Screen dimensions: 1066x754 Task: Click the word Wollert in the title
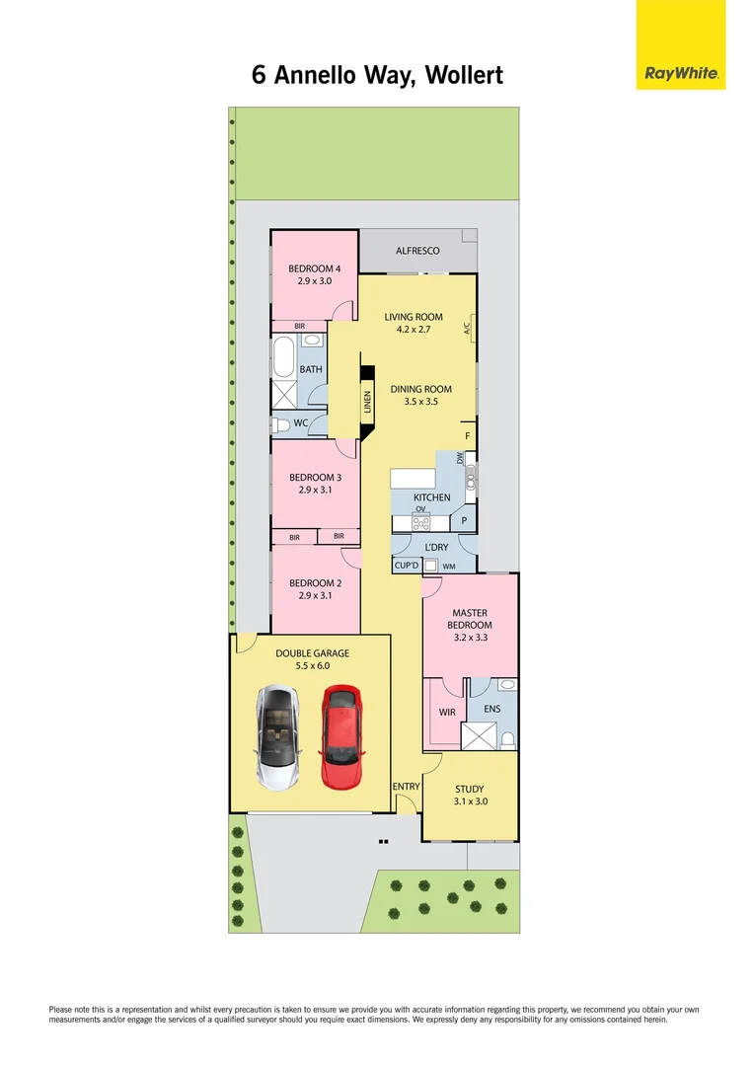tap(465, 75)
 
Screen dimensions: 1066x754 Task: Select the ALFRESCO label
tap(417, 252)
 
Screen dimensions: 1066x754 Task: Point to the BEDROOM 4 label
tap(315, 268)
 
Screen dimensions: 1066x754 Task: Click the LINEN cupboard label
tap(366, 402)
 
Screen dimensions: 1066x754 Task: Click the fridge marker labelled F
tap(468, 435)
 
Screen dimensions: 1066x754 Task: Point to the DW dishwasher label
tap(460, 458)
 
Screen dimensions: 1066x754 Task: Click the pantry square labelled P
tap(464, 520)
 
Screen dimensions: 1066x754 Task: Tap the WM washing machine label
tap(449, 566)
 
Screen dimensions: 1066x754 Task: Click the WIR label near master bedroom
tap(446, 712)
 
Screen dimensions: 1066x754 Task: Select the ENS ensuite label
tap(492, 708)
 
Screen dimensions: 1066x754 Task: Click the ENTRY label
tap(407, 787)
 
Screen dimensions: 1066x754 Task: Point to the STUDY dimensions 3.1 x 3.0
tap(470, 801)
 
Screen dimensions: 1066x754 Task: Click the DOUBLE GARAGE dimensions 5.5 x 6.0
tap(312, 666)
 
